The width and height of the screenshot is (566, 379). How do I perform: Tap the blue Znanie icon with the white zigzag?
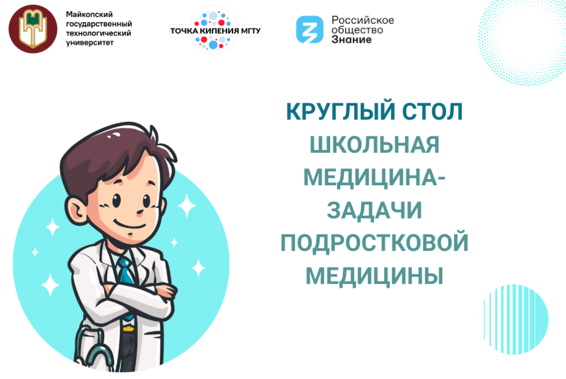309,29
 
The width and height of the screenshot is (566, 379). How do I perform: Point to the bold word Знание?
351,39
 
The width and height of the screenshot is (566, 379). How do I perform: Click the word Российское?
362,20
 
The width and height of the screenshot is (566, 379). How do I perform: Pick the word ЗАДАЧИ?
374,210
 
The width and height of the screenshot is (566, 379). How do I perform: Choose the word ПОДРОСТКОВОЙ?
374,243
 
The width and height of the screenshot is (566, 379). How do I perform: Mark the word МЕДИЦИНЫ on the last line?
374,276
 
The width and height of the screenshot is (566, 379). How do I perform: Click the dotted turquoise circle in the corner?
521,39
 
